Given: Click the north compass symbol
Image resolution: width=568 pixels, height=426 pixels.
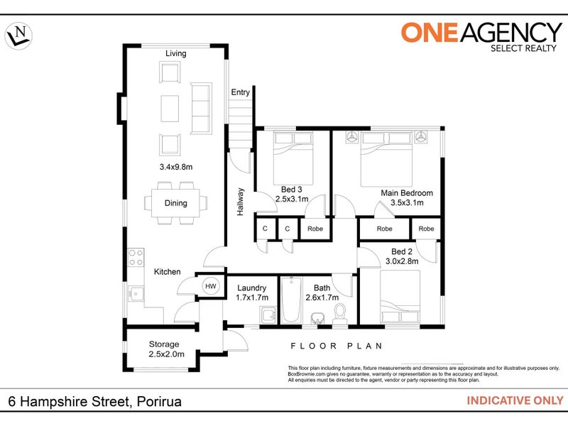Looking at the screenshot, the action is click(18, 36).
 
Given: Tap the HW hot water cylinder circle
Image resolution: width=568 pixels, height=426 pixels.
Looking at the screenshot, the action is click(210, 286).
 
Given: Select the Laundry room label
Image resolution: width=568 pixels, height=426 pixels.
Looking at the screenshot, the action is click(252, 288).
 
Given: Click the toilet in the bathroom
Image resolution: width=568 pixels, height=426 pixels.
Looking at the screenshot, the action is click(340, 314).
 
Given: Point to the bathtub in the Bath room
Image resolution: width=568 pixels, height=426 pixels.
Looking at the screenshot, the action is click(291, 300).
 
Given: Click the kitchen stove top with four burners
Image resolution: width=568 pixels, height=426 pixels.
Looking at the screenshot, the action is click(136, 257).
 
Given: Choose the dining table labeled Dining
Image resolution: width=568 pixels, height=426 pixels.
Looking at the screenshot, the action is click(175, 203).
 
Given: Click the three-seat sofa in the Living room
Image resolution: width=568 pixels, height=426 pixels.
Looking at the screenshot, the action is click(201, 109).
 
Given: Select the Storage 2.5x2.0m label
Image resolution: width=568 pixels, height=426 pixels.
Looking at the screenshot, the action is click(166, 349).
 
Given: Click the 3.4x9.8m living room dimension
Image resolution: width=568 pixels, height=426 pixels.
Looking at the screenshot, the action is click(176, 167).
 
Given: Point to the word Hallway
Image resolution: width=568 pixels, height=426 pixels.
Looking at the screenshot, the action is click(241, 202).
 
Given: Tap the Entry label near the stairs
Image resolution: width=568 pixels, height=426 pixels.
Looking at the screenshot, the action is click(241, 92).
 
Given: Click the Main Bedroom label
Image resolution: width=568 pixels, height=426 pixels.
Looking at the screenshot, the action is click(407, 193).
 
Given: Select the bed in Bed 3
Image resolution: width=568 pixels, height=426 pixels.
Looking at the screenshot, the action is click(293, 158).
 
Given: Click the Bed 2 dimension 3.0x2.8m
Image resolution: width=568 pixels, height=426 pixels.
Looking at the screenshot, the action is click(402, 261).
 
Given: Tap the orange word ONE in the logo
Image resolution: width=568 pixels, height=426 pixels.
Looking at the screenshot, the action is click(430, 32).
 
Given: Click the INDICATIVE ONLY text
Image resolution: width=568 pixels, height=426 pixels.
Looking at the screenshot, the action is click(515, 400).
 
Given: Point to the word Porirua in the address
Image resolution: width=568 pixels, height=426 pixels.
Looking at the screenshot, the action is click(159, 401).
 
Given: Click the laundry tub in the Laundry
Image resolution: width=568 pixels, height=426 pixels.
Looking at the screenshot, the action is click(268, 315).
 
